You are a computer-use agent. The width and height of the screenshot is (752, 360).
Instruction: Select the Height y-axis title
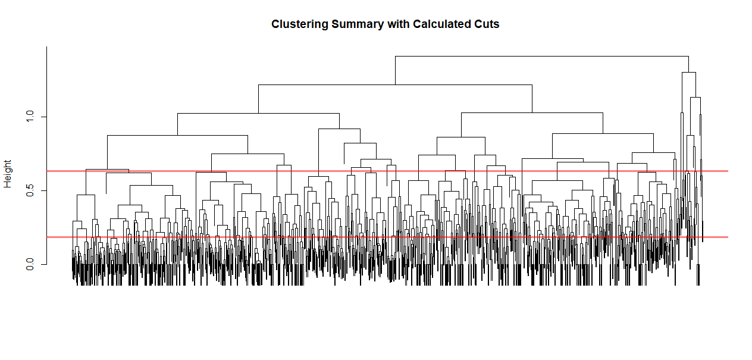tap(8, 174)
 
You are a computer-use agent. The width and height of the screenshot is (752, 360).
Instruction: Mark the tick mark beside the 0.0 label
tap(43, 264)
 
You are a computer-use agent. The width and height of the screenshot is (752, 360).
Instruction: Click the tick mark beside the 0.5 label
tap(43, 190)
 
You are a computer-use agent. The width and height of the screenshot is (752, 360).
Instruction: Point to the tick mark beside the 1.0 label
tap(43, 117)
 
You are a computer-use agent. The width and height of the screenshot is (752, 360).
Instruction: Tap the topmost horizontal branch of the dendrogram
tap(541, 56)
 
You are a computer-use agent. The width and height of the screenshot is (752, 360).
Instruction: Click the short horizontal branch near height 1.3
tap(688, 72)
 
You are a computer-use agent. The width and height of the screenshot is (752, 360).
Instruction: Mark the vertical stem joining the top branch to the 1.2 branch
tap(395, 70)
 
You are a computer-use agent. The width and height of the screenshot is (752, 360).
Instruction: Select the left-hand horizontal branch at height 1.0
tap(258, 113)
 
